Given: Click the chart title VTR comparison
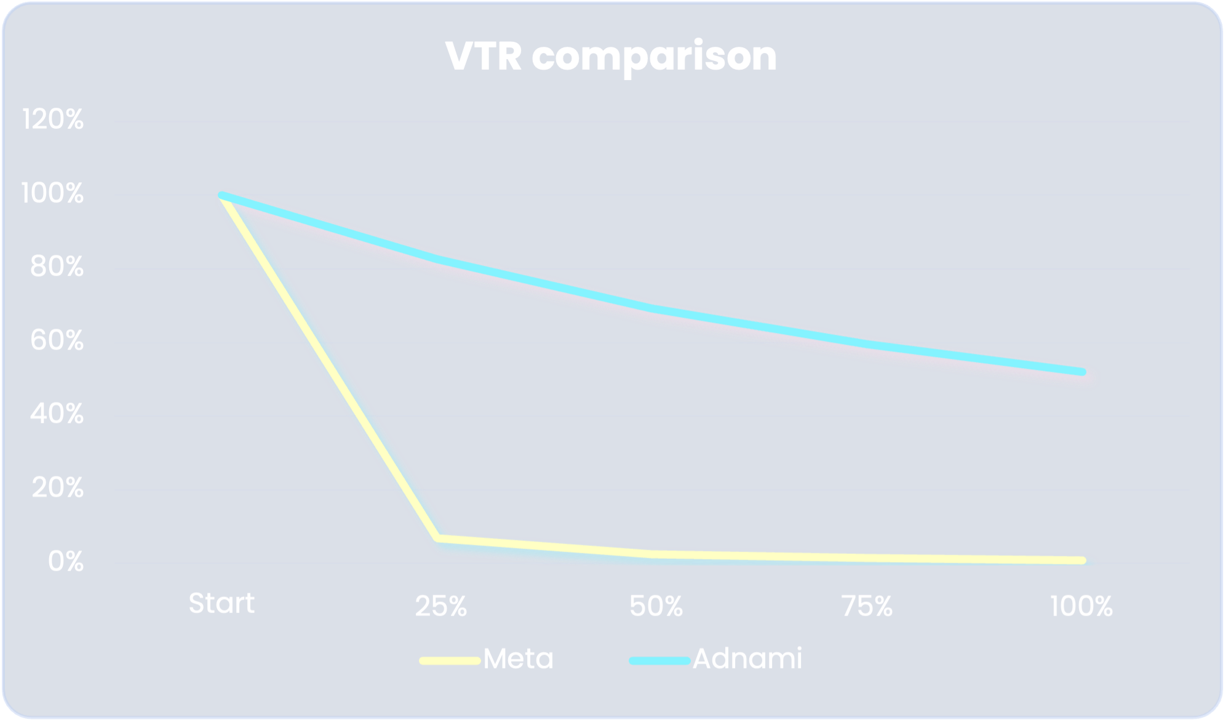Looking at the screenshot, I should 611,57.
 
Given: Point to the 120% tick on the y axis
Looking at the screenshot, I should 53,119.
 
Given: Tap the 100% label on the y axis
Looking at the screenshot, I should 52,193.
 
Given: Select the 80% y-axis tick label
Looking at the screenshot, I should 57,267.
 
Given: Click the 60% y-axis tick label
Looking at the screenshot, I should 57,340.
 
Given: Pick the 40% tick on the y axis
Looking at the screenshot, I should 57,414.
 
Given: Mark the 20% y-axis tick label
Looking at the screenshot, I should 57,488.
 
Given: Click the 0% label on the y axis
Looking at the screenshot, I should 65,561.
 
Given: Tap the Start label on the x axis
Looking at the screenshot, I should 221,603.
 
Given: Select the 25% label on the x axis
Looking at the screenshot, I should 441,607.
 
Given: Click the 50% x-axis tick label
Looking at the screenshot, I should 656,607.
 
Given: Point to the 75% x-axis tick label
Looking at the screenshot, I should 867,607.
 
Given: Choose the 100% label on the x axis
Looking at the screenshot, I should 1081,607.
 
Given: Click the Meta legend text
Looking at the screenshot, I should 518,659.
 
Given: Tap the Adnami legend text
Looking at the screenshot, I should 747,659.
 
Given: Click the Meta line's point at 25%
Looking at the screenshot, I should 439,539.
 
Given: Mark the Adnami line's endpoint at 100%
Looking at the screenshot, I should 1082,372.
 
